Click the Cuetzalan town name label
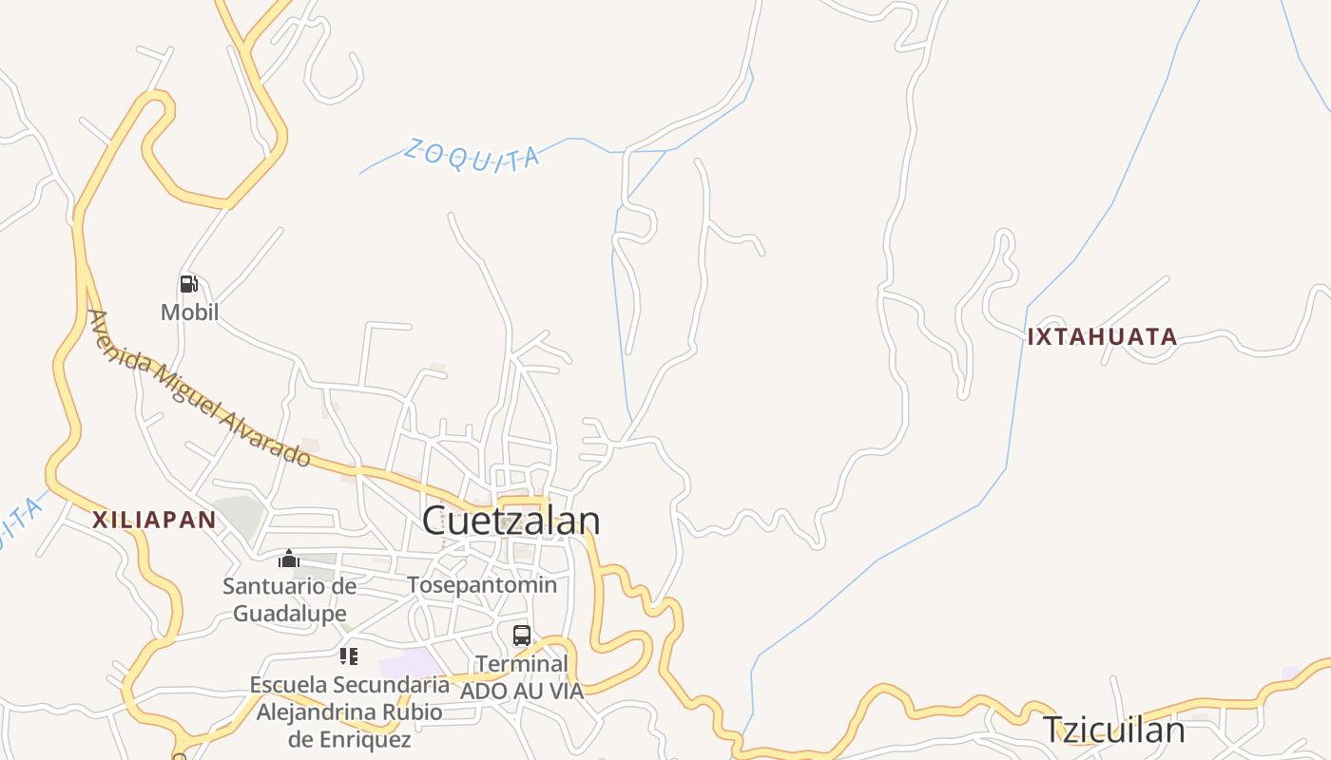point(511,521)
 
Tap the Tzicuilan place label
point(1113,730)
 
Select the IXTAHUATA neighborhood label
point(1102,336)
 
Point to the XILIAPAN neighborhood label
point(154,520)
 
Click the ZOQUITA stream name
point(472,156)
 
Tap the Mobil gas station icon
point(189,284)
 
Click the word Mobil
point(189,312)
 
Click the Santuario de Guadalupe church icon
point(289,559)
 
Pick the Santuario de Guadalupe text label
point(290,599)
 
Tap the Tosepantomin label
point(482,584)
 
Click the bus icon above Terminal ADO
point(522,636)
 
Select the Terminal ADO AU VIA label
point(522,676)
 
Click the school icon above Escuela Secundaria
point(349,656)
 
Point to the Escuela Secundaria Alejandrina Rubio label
point(350,712)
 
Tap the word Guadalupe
point(290,614)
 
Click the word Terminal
point(522,663)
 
